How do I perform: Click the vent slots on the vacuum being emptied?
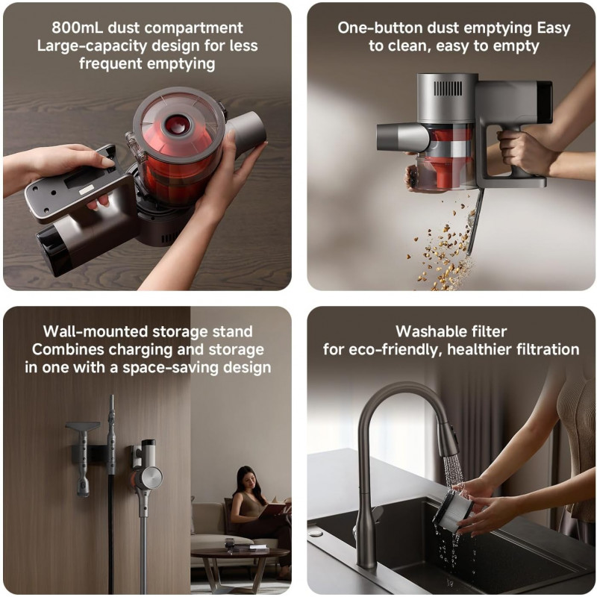[448, 89]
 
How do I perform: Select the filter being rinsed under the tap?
[452, 509]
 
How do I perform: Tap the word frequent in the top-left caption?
[110, 63]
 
